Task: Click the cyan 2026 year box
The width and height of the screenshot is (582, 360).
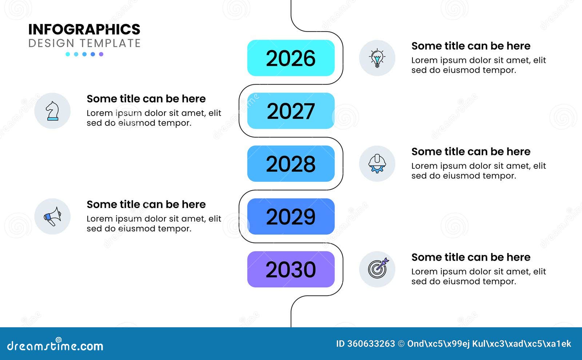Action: (x=291, y=58)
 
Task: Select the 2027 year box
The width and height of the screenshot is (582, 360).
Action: (x=291, y=111)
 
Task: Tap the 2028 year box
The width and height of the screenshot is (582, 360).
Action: (x=291, y=164)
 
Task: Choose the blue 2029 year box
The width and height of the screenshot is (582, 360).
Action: (x=291, y=216)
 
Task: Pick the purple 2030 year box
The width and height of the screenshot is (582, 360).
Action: (x=291, y=269)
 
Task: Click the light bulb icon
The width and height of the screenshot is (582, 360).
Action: (x=377, y=58)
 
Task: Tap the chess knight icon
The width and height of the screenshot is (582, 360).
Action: (x=52, y=111)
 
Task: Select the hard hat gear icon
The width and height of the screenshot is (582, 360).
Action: (x=377, y=164)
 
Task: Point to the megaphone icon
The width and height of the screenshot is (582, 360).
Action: (x=52, y=216)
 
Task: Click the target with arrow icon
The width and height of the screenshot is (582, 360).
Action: (x=377, y=269)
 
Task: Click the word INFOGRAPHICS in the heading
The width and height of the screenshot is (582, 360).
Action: (x=84, y=29)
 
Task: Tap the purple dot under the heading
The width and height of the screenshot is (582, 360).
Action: (x=101, y=54)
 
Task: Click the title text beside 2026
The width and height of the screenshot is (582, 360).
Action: (x=471, y=46)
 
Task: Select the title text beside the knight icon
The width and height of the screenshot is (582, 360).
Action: (x=146, y=99)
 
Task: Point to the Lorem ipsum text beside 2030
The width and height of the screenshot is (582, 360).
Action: (x=478, y=276)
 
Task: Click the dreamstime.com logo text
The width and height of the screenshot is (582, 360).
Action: (x=55, y=345)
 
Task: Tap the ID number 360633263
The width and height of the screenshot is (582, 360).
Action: (x=371, y=344)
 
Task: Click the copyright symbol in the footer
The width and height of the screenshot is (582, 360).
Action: (x=401, y=344)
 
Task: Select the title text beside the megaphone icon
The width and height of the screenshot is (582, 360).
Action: (x=146, y=205)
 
